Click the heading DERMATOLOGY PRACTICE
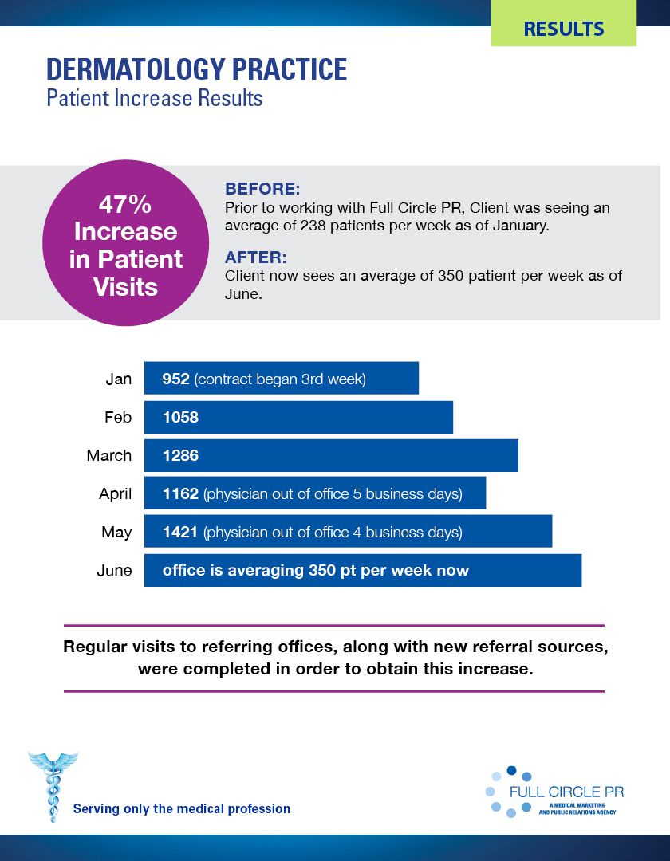tap(197, 70)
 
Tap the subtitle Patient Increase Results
tap(155, 99)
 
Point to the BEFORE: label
tap(262, 189)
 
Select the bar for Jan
tap(281, 378)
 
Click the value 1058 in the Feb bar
tap(180, 417)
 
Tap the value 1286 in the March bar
tap(180, 456)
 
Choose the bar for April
tap(314, 494)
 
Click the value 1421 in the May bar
tap(180, 532)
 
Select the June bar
tap(362, 571)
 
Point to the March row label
tap(109, 456)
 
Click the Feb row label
tap(118, 417)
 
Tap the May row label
tap(116, 532)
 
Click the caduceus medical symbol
tap(53, 786)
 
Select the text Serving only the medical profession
tap(182, 808)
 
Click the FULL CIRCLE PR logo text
tap(566, 792)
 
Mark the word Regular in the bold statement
tap(95, 647)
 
